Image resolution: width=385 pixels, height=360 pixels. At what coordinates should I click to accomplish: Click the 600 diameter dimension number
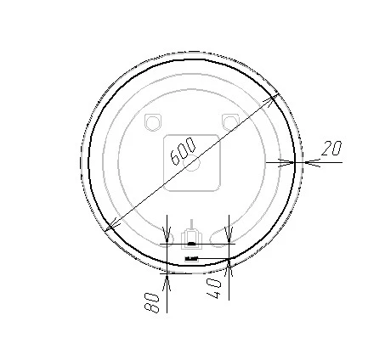click(x=183, y=151)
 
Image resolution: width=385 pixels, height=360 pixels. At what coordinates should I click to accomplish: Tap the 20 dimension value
click(x=331, y=148)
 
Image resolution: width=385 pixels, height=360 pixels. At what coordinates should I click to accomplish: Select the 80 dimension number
click(x=151, y=302)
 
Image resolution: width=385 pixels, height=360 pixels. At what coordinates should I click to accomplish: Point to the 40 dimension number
click(x=214, y=289)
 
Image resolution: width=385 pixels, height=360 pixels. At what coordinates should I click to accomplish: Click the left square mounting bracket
click(x=153, y=122)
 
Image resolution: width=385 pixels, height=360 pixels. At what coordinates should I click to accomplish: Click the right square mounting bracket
click(x=230, y=122)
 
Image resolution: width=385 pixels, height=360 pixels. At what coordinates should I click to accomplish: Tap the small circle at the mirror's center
click(x=192, y=163)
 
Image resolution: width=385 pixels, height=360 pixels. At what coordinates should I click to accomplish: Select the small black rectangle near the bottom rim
click(x=191, y=259)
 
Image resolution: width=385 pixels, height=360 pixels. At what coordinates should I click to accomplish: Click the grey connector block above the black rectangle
click(x=192, y=239)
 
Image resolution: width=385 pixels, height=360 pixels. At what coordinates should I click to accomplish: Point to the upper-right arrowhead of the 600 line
click(x=272, y=99)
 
